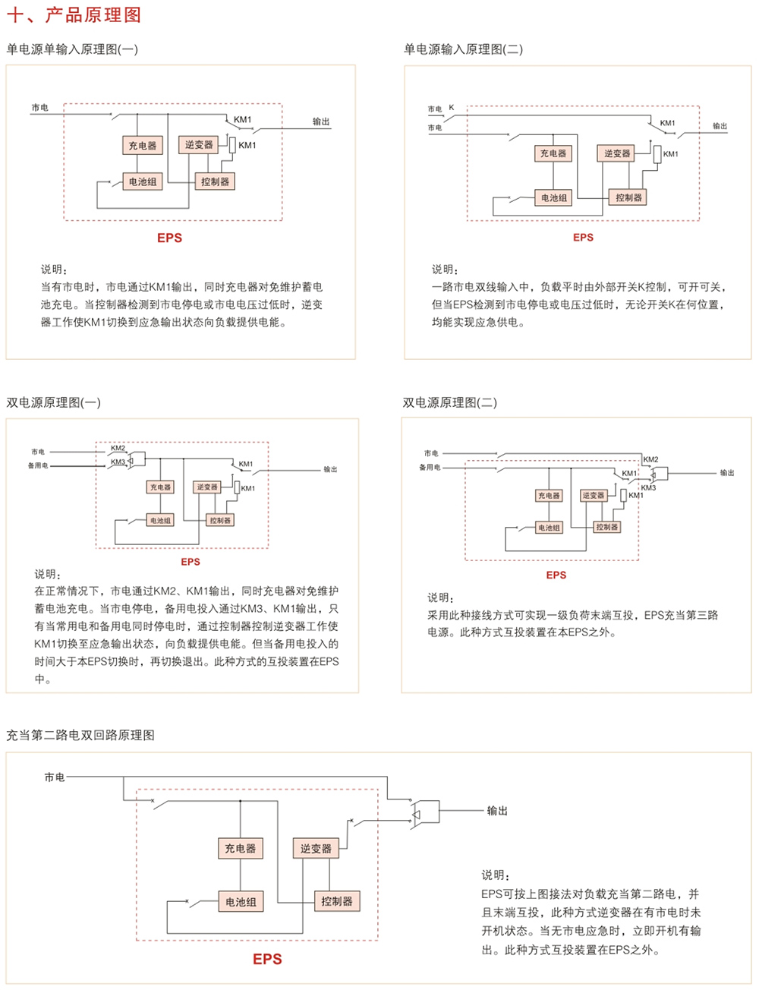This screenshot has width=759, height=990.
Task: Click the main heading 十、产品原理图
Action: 74,15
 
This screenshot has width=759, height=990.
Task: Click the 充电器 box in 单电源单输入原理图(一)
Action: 143,145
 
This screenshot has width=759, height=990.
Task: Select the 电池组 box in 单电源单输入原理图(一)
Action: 143,181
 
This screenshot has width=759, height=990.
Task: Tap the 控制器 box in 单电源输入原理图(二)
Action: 628,197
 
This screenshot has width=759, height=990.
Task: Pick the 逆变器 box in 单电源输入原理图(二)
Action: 616,153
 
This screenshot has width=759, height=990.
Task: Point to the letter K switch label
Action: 451,108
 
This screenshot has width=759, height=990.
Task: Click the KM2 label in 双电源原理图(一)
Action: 118,448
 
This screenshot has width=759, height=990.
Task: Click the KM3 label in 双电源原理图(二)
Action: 648,487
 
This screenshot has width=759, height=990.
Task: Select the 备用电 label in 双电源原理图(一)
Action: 38,465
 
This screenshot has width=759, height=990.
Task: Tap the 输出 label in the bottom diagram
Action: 497,811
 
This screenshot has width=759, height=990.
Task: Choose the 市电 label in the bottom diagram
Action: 54,777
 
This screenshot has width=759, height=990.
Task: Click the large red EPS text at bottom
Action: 267,959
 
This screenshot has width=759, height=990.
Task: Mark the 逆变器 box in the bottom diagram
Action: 316,848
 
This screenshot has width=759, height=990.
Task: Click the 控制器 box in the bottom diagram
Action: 337,900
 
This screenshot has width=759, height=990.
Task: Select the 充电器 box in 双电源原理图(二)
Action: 549,495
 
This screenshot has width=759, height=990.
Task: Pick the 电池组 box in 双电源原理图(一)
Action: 160,520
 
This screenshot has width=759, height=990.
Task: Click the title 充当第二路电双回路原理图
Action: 80,735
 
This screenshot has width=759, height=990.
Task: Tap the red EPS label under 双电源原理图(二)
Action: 556,575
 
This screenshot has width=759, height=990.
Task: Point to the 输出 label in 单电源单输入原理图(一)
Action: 321,121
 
